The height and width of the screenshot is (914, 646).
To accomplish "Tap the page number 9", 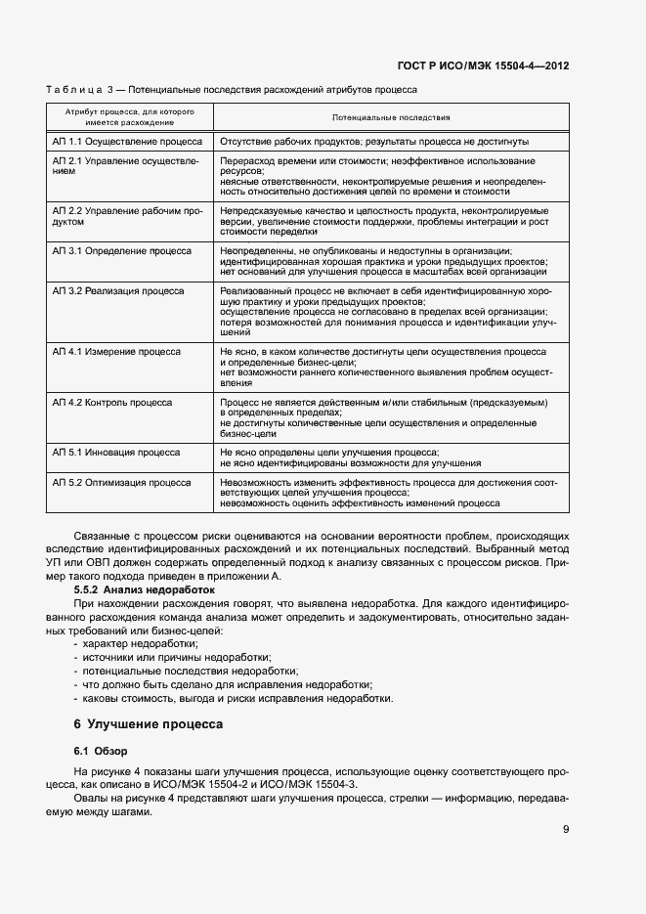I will click(x=566, y=830).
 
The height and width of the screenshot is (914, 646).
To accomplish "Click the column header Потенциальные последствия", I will click(x=390, y=117).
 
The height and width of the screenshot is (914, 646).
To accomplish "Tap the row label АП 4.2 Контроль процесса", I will click(x=112, y=402).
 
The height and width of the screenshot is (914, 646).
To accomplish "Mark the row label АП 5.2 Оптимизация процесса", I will click(x=121, y=482).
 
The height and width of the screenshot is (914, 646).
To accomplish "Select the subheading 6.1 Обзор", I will click(x=96, y=751).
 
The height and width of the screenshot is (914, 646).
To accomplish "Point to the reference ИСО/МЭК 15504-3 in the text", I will click(x=313, y=785).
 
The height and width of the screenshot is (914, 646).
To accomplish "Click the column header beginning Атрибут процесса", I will click(x=130, y=117).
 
